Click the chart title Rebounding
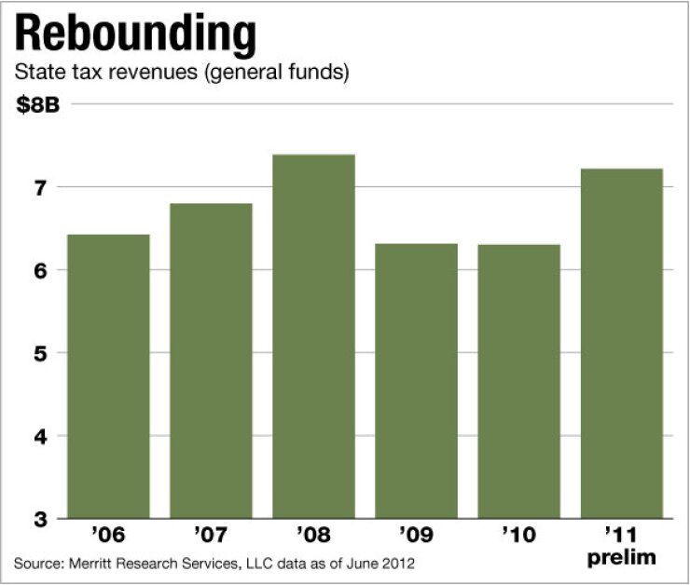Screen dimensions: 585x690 (135, 36)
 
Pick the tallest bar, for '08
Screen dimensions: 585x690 (313, 335)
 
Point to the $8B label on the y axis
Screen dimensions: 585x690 (38, 104)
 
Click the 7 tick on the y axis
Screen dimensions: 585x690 (39, 188)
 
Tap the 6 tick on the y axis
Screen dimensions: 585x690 (39, 270)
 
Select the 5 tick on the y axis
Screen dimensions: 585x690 (39, 353)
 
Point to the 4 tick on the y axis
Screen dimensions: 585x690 (39, 436)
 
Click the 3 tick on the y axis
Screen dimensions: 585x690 (39, 519)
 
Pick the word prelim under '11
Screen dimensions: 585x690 (622, 559)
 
